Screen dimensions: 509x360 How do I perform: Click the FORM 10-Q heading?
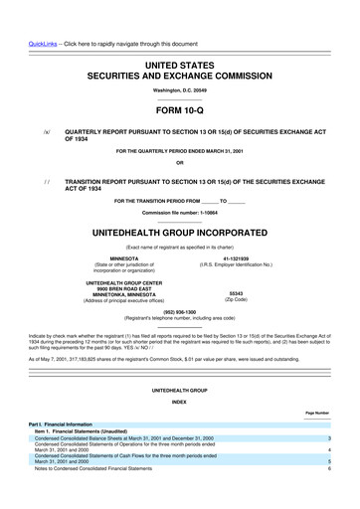tap(179, 112)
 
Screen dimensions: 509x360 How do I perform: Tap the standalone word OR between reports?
tap(179, 164)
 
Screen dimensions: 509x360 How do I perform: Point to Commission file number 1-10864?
tap(179, 214)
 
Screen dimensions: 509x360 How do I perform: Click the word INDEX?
tap(179, 403)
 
